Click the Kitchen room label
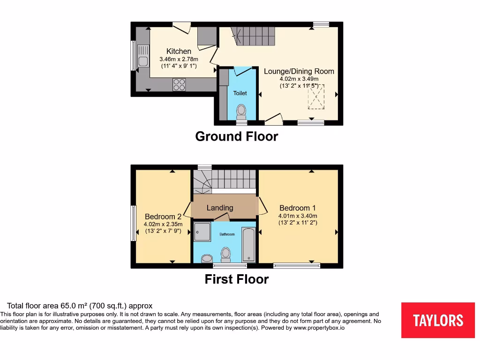click(179, 51)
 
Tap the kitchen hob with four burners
click(179, 84)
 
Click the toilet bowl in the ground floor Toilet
click(241, 110)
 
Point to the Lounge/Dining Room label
click(299, 71)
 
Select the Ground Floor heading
click(236, 136)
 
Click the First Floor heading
click(236, 279)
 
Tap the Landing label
click(220, 208)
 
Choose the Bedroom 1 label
click(298, 208)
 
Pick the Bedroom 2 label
click(163, 217)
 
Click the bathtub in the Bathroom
click(248, 244)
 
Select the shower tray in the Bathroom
click(203, 231)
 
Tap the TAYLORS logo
click(438, 320)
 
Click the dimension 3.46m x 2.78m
click(179, 59)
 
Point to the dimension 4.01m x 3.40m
click(298, 216)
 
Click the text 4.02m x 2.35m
click(163, 224)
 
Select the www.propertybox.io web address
click(319, 328)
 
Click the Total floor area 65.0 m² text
click(80, 306)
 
